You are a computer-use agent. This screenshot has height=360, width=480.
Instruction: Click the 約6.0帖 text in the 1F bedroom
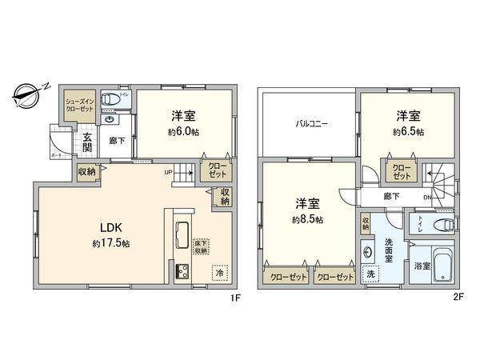point(183,132)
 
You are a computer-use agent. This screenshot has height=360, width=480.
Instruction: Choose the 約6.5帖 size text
point(408,132)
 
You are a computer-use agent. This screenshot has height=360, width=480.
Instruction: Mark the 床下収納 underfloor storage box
point(202,246)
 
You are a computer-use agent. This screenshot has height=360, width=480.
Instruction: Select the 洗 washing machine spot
point(370,274)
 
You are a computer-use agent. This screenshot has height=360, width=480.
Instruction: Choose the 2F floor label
point(458,298)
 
